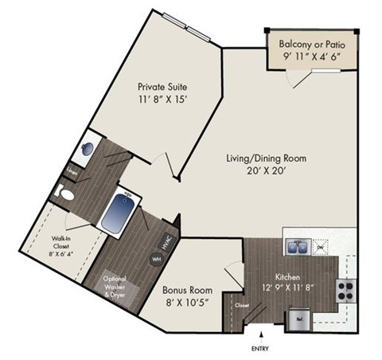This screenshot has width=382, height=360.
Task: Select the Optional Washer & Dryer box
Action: click(x=119, y=285)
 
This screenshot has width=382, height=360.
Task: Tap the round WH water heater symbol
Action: click(x=156, y=259)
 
